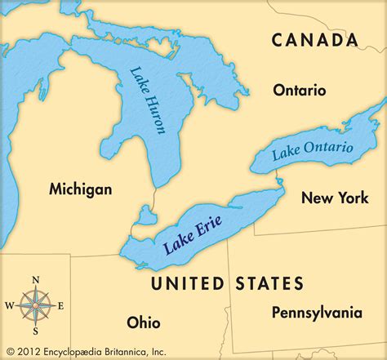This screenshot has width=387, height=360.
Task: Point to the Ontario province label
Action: point(300,90)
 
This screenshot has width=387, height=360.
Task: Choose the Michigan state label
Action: point(80,189)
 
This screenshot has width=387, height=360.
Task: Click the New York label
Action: point(335,197)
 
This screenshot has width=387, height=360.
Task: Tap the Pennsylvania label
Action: point(317,312)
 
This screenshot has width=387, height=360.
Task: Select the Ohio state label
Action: point(144,321)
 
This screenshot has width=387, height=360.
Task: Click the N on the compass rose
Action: point(35,281)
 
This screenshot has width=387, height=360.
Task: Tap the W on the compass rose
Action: point(9,307)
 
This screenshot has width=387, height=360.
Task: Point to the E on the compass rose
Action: point(60,307)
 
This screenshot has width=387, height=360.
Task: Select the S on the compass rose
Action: point(35,333)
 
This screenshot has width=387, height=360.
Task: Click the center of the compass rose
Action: point(35,307)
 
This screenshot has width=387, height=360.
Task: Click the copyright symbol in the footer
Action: point(10,351)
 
